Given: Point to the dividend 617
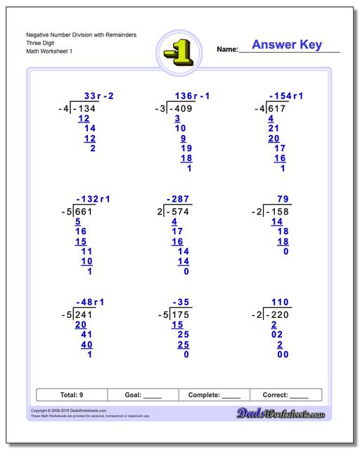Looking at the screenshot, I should pos(276,109).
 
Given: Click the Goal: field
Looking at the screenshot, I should pos(143,395).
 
